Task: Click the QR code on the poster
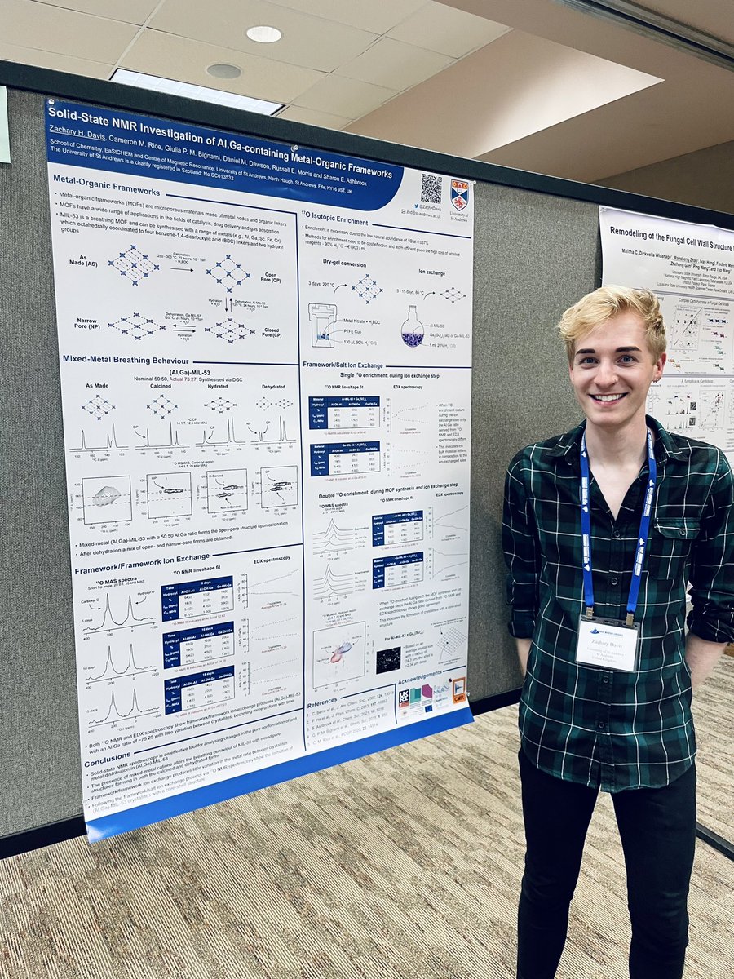pyautogui.click(x=431, y=188)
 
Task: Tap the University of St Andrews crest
pyautogui.click(x=459, y=195)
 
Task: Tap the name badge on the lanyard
pyautogui.click(x=607, y=643)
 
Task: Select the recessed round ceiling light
pyautogui.click(x=263, y=34)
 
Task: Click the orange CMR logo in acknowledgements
pyautogui.click(x=458, y=689)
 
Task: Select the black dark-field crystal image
pyautogui.click(x=388, y=658)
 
